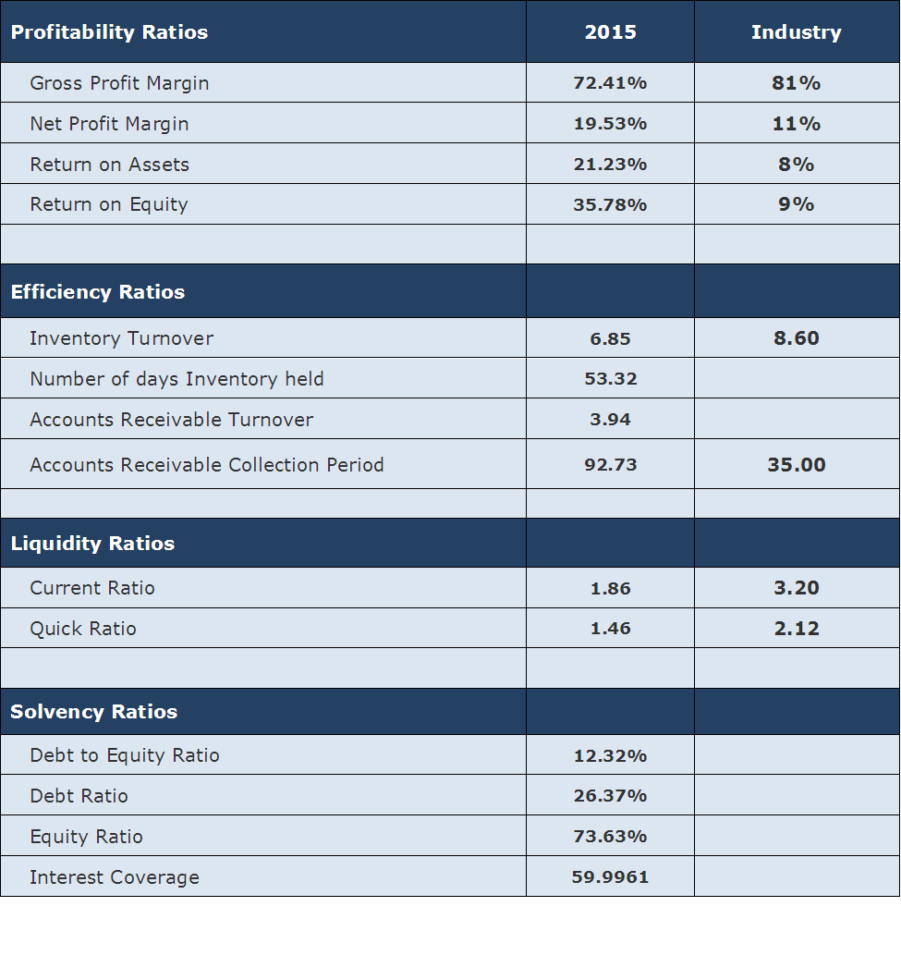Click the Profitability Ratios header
tap(109, 32)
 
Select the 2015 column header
tap(610, 32)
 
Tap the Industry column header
tap(796, 32)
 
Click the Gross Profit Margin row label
tap(119, 83)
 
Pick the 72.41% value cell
tap(610, 83)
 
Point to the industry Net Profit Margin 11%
tap(796, 124)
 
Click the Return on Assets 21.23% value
tap(610, 165)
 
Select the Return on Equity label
tap(109, 204)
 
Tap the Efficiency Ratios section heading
tap(98, 292)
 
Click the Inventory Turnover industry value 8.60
tap(796, 338)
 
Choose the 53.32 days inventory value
tap(610, 379)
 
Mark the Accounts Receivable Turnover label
tap(171, 420)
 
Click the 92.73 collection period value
tap(610, 465)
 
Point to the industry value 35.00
tap(796, 465)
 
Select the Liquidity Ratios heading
tap(92, 544)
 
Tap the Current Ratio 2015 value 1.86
tap(610, 588)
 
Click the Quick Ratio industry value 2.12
tap(796, 629)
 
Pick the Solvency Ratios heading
tap(94, 712)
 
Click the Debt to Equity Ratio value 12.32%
tap(610, 756)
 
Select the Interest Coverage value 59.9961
tap(610, 877)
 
